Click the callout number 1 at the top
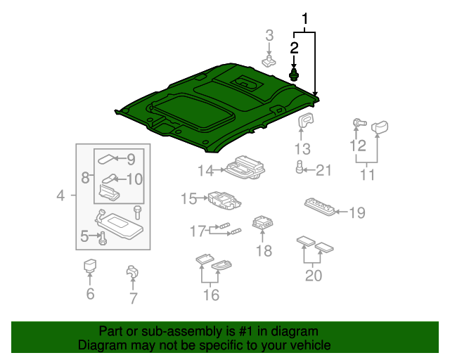pos(305,18)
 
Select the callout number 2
pos(294,48)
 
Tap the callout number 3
pos(269,35)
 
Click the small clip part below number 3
pos(269,61)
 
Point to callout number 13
pos(302,149)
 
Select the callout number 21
pos(323,169)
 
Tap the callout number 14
pos(205,170)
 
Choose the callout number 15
pos(188,199)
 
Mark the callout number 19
pos(357,212)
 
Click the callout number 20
pos(314,275)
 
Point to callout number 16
pos(211,295)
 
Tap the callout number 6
pos(90,293)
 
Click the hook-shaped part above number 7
pos(132,272)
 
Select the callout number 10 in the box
pos(134,179)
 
